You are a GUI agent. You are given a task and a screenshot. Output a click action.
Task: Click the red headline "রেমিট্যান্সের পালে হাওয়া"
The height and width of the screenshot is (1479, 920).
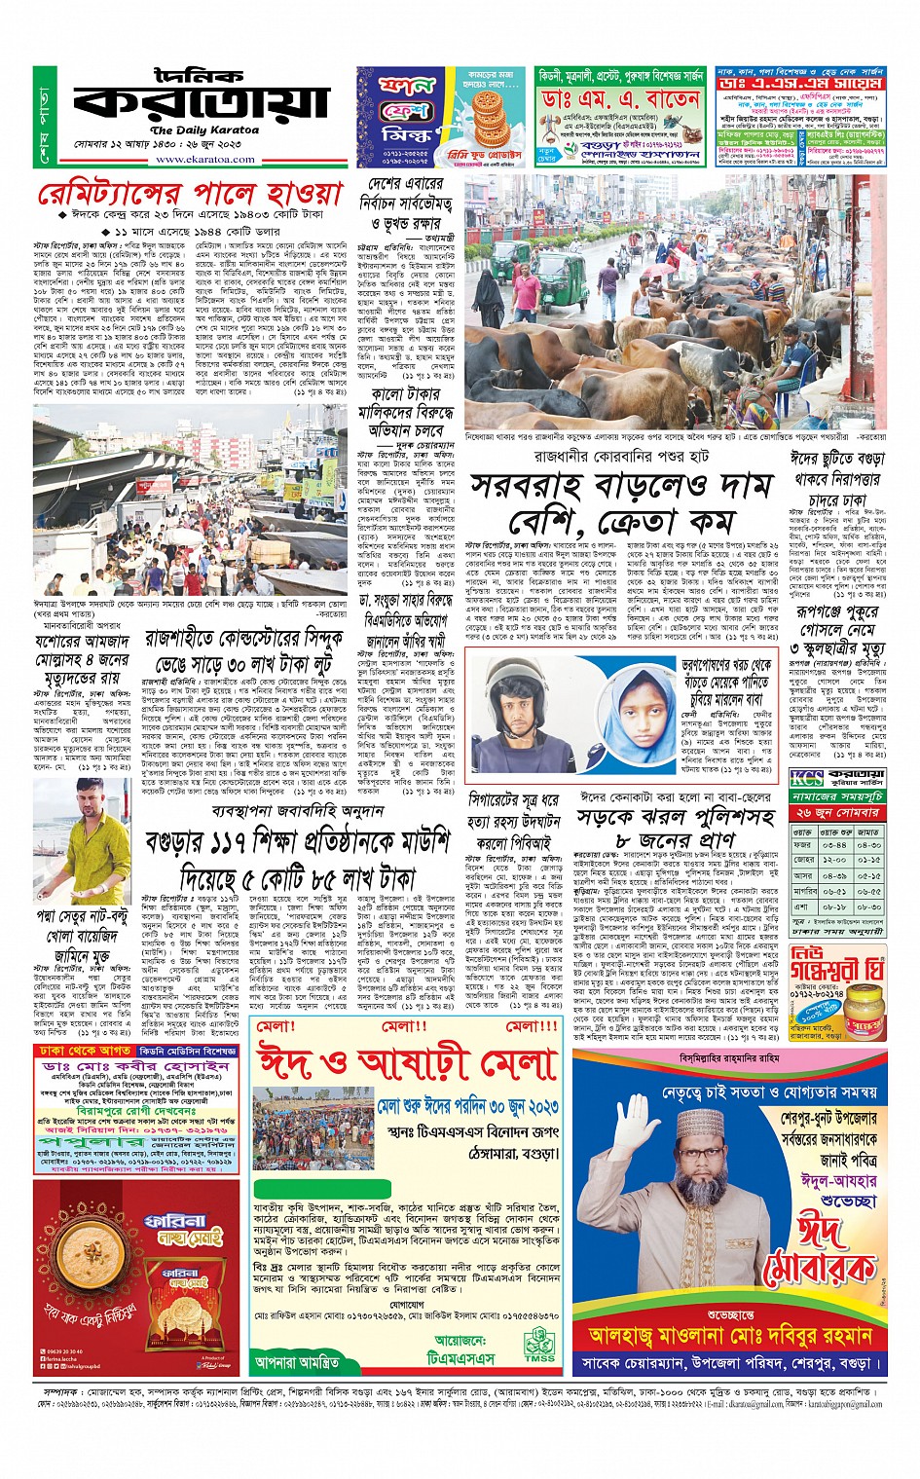coord(190,194)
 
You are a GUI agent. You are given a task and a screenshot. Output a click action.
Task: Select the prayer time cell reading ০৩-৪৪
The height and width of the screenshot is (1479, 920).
coord(836,845)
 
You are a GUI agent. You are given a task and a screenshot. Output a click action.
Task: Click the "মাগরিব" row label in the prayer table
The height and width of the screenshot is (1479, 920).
coord(805,891)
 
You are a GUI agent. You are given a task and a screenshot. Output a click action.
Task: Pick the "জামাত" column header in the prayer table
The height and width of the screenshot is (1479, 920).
coord(869,832)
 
